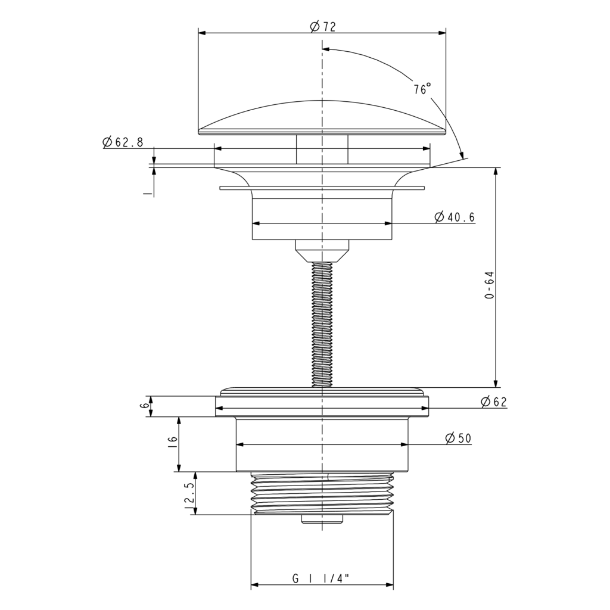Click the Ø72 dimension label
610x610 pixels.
[322, 26]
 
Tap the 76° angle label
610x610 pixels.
[422, 89]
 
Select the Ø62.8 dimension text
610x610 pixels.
[123, 142]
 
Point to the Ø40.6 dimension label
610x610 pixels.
[455, 217]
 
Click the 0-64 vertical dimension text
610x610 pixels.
[490, 285]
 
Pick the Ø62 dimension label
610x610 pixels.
[494, 402]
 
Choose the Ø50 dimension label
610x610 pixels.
[458, 438]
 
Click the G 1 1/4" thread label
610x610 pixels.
[319, 579]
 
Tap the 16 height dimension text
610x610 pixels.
[173, 444]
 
